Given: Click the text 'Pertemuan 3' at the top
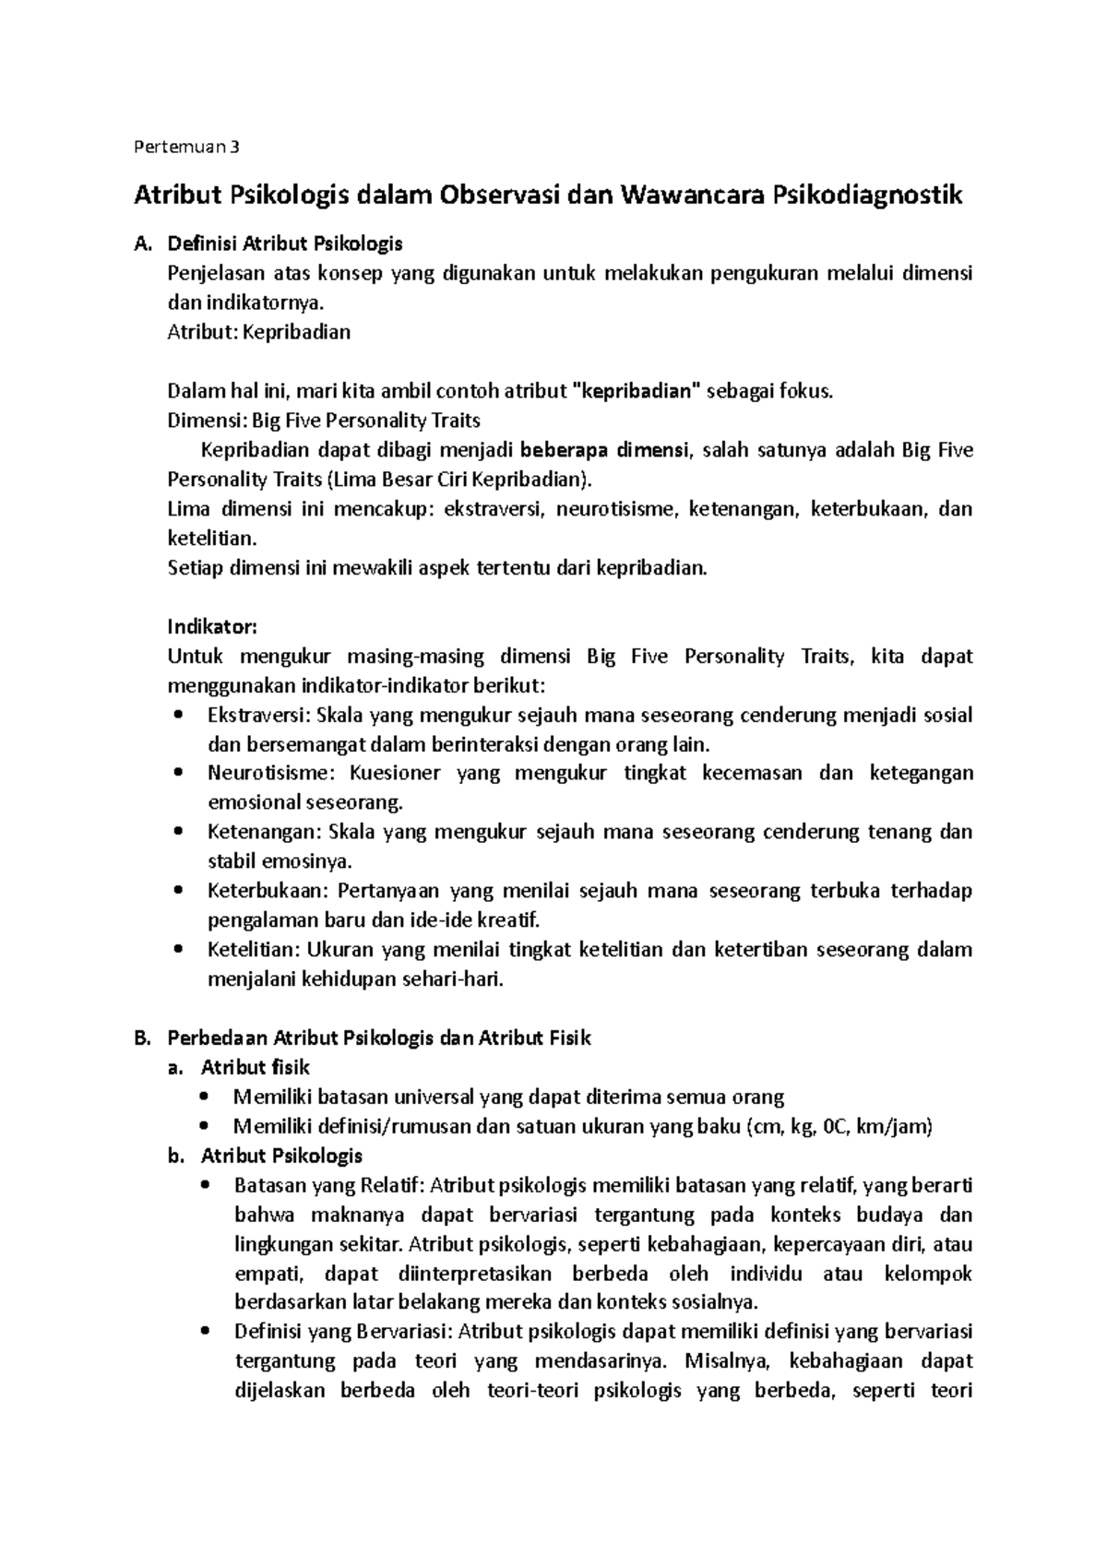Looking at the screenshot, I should pyautogui.click(x=186, y=147).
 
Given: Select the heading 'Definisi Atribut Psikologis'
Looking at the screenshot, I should pyautogui.click(x=284, y=244).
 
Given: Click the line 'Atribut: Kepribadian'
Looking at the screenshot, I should pyautogui.click(x=258, y=333).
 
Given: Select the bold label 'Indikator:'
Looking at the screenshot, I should pyautogui.click(x=211, y=627).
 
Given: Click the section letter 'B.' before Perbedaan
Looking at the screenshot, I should pyautogui.click(x=142, y=1038).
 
